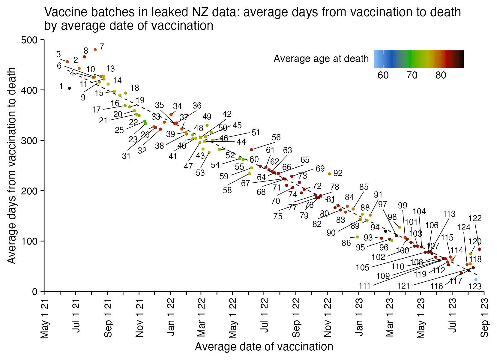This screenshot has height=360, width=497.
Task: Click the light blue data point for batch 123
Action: (476, 280)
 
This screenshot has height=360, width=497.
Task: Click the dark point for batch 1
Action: (69, 88)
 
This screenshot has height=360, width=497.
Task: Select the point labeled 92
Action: (329, 174)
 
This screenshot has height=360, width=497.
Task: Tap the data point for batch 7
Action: (95, 50)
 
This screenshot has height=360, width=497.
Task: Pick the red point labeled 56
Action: (251, 150)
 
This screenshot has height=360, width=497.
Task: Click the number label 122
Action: (475, 218)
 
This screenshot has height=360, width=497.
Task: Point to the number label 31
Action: (126, 156)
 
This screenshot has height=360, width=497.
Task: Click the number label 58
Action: (227, 190)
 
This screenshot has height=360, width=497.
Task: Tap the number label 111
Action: (365, 286)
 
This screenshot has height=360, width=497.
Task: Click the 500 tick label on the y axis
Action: (29, 40)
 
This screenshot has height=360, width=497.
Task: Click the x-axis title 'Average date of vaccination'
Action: (264, 347)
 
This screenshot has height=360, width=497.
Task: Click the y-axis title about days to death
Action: (12, 165)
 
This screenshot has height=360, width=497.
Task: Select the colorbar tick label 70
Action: (412, 75)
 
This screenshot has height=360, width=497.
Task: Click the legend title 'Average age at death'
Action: (321, 58)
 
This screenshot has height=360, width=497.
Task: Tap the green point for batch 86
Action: (357, 237)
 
